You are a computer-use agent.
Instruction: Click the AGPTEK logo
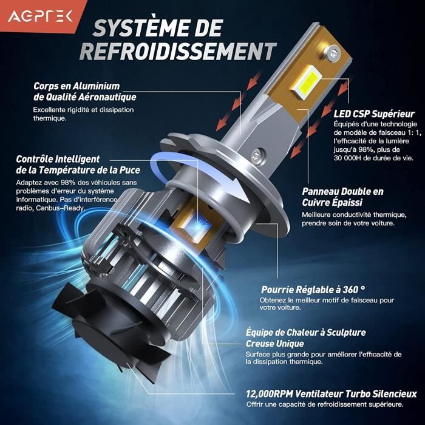40,16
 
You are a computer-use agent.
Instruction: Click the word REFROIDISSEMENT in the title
178,51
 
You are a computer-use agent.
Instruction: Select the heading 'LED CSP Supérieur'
374,114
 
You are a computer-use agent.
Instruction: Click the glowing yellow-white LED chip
307,81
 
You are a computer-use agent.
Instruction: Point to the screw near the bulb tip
333,52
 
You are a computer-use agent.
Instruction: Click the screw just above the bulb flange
258,155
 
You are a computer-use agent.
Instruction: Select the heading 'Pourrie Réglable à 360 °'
313,290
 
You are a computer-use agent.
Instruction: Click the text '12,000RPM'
270,394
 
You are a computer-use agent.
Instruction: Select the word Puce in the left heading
129,170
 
